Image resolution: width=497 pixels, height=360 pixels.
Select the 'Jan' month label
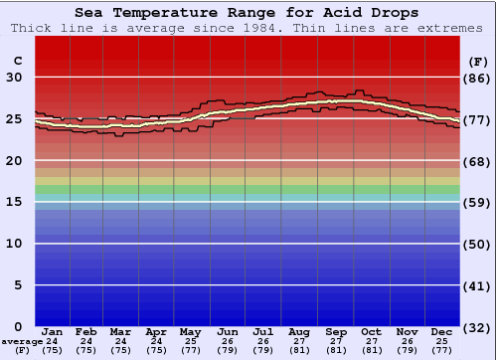pos(53,331)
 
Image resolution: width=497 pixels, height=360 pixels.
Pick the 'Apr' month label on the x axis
pos(156,331)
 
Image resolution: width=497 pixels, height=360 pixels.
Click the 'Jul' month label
pos(263,331)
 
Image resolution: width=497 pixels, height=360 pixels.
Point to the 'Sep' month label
pos(335,331)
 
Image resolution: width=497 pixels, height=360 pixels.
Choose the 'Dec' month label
pos(442,331)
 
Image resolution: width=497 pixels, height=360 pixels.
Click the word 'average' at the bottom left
pos(20,341)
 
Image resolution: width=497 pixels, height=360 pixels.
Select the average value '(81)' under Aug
pos(299,350)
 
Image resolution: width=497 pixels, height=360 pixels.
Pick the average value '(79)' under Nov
pos(407,350)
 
